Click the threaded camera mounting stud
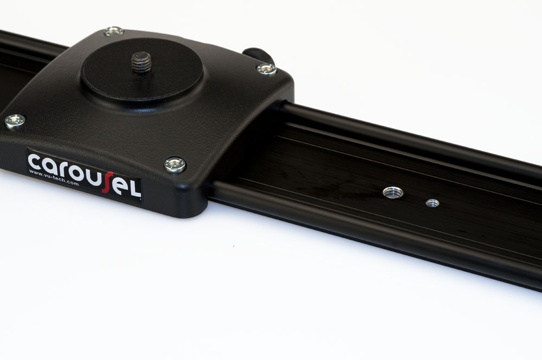pos(141,62)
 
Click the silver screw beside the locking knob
pos(267,69)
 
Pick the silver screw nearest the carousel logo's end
pos(175,165)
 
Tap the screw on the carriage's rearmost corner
pos(114,31)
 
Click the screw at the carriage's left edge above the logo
pos(15,121)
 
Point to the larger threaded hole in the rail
pos(393,192)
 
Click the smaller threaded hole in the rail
pos(433,203)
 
